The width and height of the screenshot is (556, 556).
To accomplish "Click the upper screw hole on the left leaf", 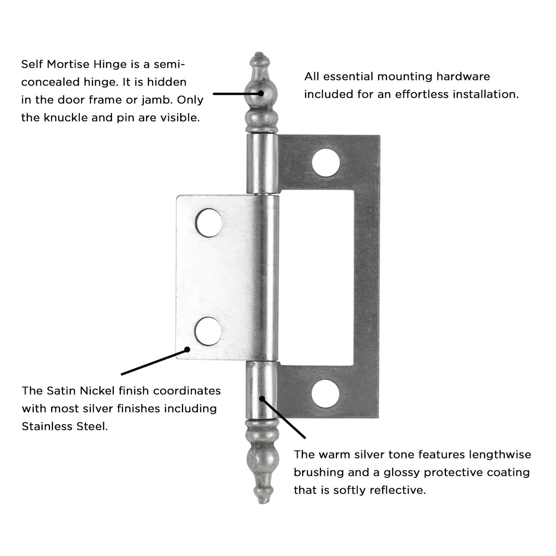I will coord(209,223).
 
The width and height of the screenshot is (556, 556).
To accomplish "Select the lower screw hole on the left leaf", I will coord(208,331).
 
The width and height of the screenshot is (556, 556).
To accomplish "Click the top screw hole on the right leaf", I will coord(326,163).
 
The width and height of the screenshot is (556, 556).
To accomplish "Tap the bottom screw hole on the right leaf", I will coord(326,394).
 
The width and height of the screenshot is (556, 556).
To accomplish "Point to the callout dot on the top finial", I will coord(261,93).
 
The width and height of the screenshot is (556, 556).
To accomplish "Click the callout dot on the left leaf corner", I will coord(187,349).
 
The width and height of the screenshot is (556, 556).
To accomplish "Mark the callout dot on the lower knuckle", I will coord(262,399).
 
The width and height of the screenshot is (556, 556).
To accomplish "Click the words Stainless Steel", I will coord(65,426).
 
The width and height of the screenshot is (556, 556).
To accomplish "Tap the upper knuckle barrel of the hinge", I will coord(262,164).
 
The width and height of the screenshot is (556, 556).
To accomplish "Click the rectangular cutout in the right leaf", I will coord(316,277).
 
